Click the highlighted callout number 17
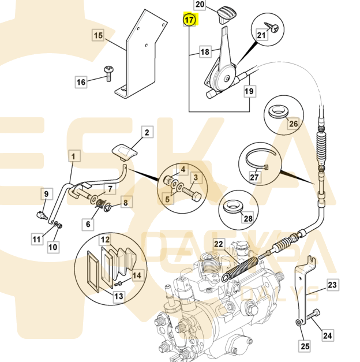tap(190, 20)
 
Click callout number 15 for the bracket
tap(98, 36)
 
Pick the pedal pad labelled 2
tap(126, 151)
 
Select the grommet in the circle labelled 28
tap(233, 205)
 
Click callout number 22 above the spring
tap(219, 244)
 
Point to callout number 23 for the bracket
tap(332, 284)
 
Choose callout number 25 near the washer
tap(305, 346)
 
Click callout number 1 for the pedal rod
tap(73, 155)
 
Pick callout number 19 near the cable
tap(249, 91)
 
